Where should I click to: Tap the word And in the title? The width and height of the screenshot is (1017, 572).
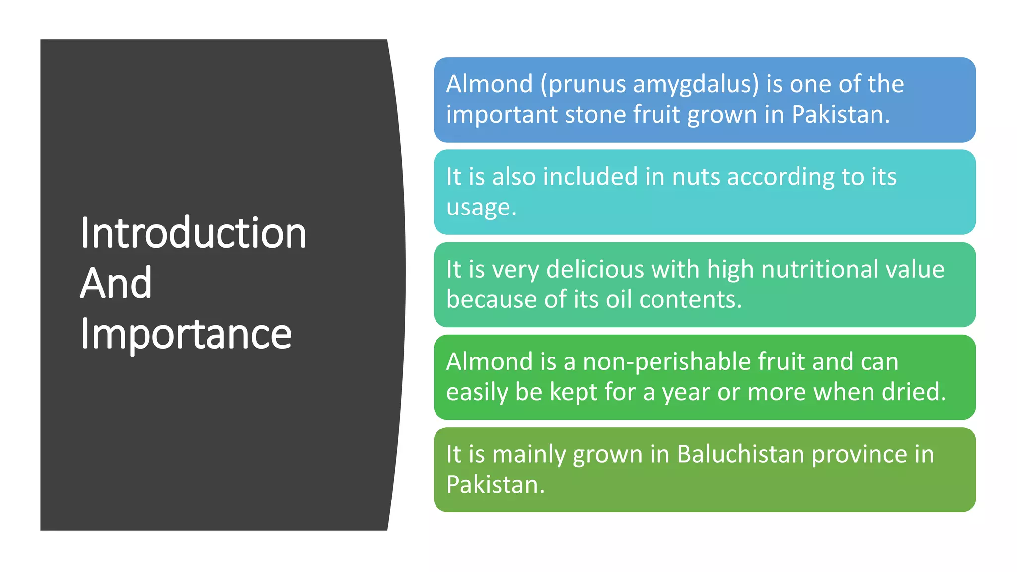[x=116, y=283]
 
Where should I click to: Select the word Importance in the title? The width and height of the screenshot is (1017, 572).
[x=186, y=334]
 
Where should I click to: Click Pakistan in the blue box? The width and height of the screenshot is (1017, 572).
[x=840, y=115]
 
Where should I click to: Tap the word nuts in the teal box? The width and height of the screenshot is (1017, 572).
[x=696, y=177]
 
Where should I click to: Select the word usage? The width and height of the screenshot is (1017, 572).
[x=481, y=208]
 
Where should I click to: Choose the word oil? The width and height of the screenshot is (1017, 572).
[x=619, y=299]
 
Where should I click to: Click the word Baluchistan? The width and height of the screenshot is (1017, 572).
[x=740, y=454]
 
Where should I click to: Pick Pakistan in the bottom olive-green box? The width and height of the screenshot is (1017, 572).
[x=495, y=485]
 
